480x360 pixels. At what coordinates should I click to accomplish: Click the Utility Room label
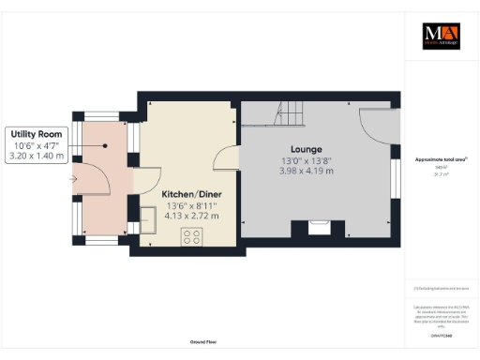37,135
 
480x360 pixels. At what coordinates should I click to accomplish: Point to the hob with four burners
193,235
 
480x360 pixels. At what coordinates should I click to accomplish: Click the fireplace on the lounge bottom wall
317,227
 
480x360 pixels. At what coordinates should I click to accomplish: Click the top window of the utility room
97,118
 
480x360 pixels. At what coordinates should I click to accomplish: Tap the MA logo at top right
440,36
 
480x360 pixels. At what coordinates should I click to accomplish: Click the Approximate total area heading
440,160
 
